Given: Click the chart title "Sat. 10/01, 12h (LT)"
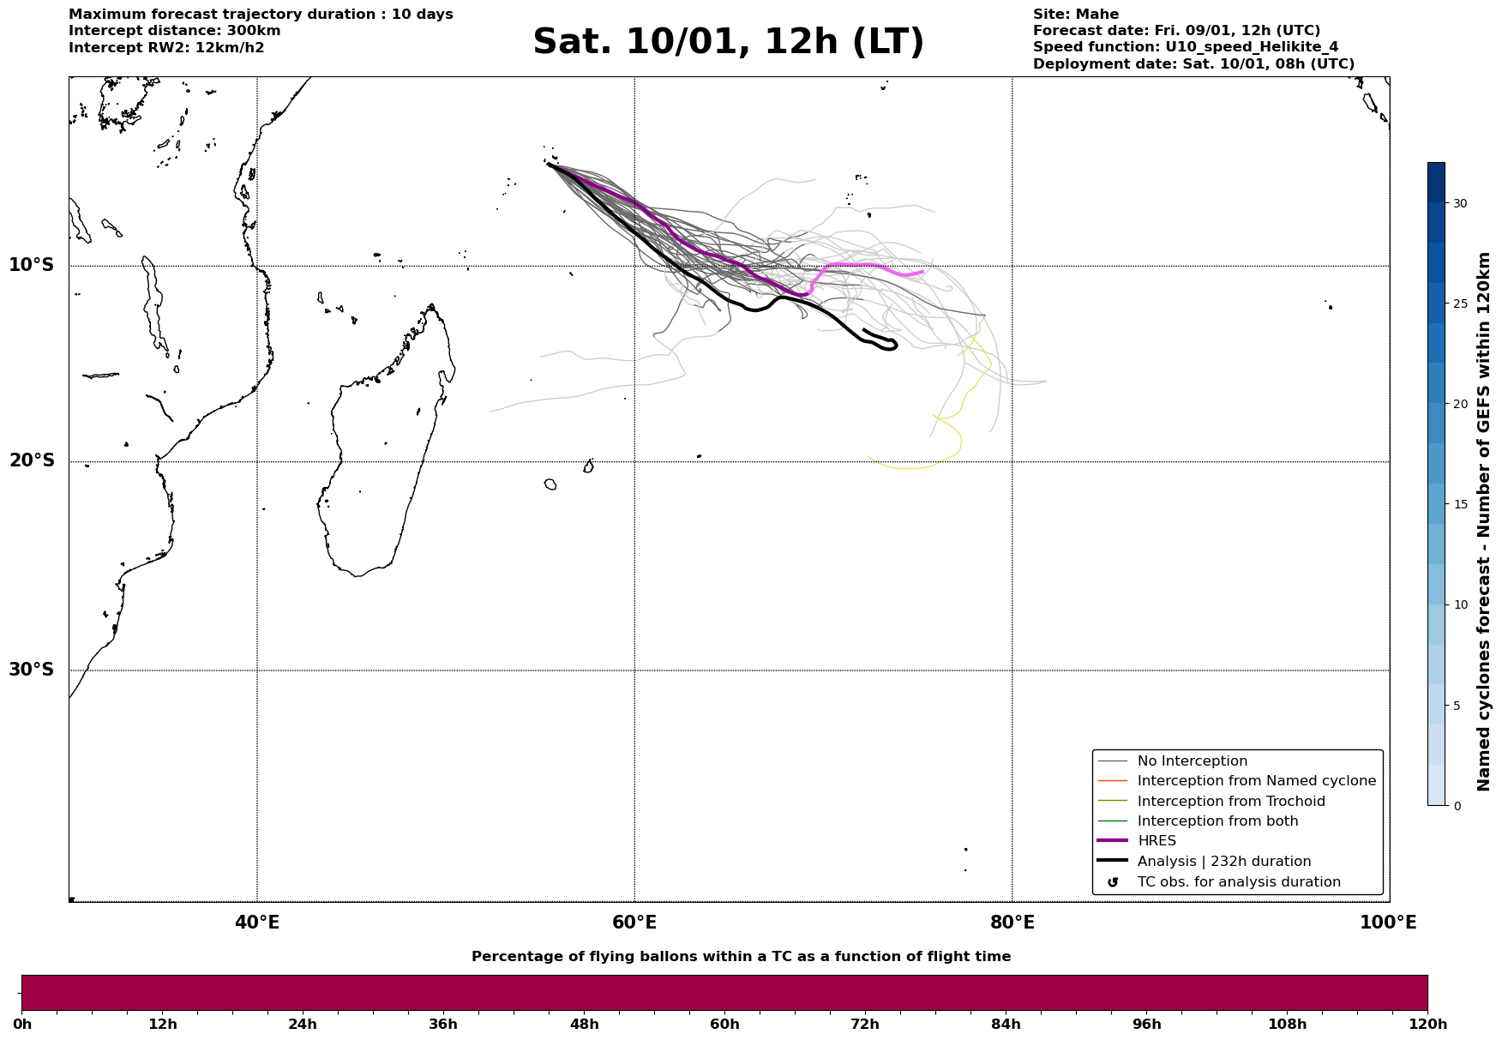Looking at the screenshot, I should coord(728,43).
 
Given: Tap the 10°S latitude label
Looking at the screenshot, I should coord(32,265).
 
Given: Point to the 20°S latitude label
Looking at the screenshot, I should coord(32,461).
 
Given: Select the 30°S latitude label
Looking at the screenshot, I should coord(32,670).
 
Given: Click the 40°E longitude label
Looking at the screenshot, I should coord(257,923).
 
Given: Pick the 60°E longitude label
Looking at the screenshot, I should coord(634,923).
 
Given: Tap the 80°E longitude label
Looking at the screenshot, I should coord(1012,923).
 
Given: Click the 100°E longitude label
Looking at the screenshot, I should coord(1388,923).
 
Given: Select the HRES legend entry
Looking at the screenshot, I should coord(1157,841).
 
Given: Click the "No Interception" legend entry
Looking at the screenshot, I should coord(1192,761).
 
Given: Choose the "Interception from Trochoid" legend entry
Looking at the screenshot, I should coord(1230,802).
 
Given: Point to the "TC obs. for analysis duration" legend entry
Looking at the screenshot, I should coord(1238,882).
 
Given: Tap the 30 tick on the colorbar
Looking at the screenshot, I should coord(1459,203).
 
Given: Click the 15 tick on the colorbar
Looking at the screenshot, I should coord(1459,504).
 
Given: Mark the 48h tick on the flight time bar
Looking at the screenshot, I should coord(584,1025).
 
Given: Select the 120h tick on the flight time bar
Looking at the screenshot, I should coord(1427,1025).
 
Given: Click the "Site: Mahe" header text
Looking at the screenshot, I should coord(1075,15).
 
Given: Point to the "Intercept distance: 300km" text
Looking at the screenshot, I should coord(174,31).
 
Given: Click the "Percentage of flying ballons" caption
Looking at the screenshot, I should coord(741,957).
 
